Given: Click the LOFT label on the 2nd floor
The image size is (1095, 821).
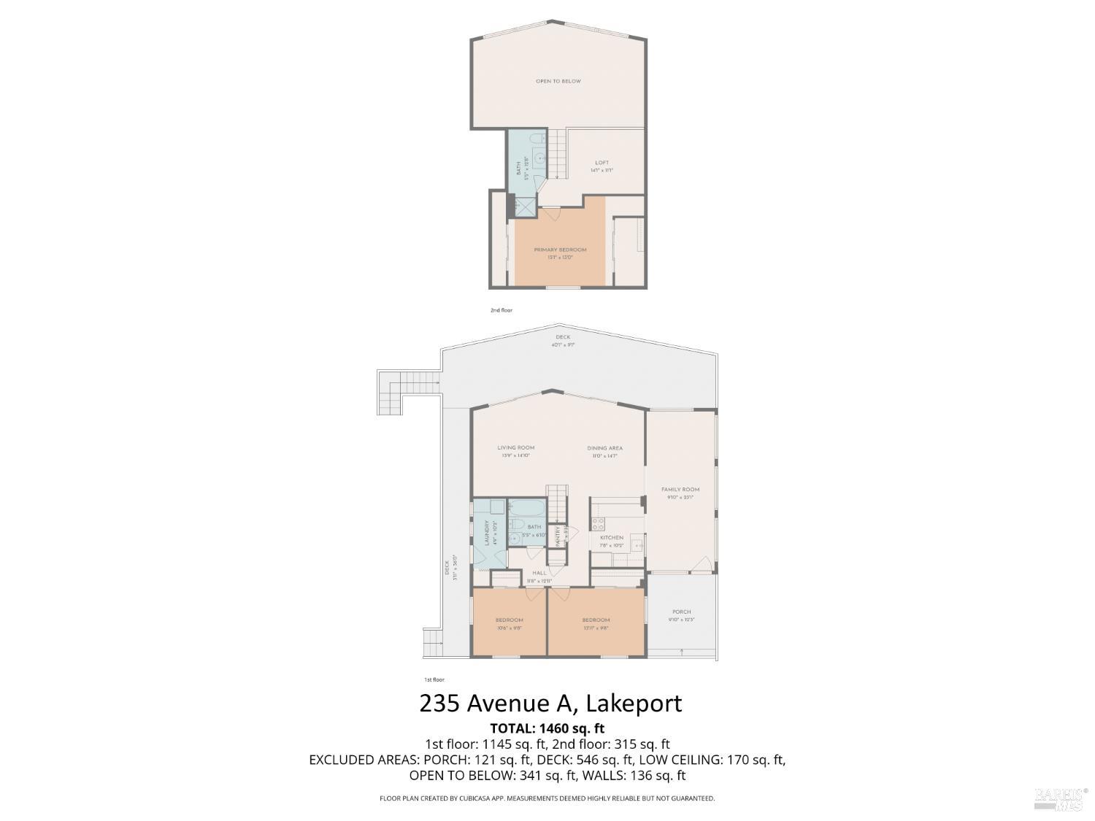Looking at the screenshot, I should pos(602,163).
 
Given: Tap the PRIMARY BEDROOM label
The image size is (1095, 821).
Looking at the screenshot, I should pos(560,250).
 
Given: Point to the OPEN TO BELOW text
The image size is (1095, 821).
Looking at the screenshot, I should pos(558,81).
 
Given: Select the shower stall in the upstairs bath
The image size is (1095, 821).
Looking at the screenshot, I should pos(523,207).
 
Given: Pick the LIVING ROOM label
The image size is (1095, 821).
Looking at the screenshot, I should pos(515,447).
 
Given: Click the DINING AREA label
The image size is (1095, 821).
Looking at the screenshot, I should pos(604,448).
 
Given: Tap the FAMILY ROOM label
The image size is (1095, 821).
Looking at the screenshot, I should pos(680,490).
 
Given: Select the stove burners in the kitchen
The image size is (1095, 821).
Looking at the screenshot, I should pos(598,523).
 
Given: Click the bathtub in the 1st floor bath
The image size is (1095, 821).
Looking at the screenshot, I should pos(526,506).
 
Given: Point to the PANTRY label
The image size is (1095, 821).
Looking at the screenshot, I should pos(558,536).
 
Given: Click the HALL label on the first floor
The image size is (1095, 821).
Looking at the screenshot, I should pos(539,573).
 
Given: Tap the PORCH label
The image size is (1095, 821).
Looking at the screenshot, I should pos(681,612).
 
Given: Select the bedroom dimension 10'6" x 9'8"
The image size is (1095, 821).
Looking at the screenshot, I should pos(510,628).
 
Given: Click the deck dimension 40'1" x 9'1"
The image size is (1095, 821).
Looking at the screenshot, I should pos(563,344).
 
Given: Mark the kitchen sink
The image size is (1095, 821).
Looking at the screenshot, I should pos(635,544).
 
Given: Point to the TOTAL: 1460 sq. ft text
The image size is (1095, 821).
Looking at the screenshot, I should pos(547,728).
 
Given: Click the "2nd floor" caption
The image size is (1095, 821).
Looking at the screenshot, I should pos(501,310).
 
